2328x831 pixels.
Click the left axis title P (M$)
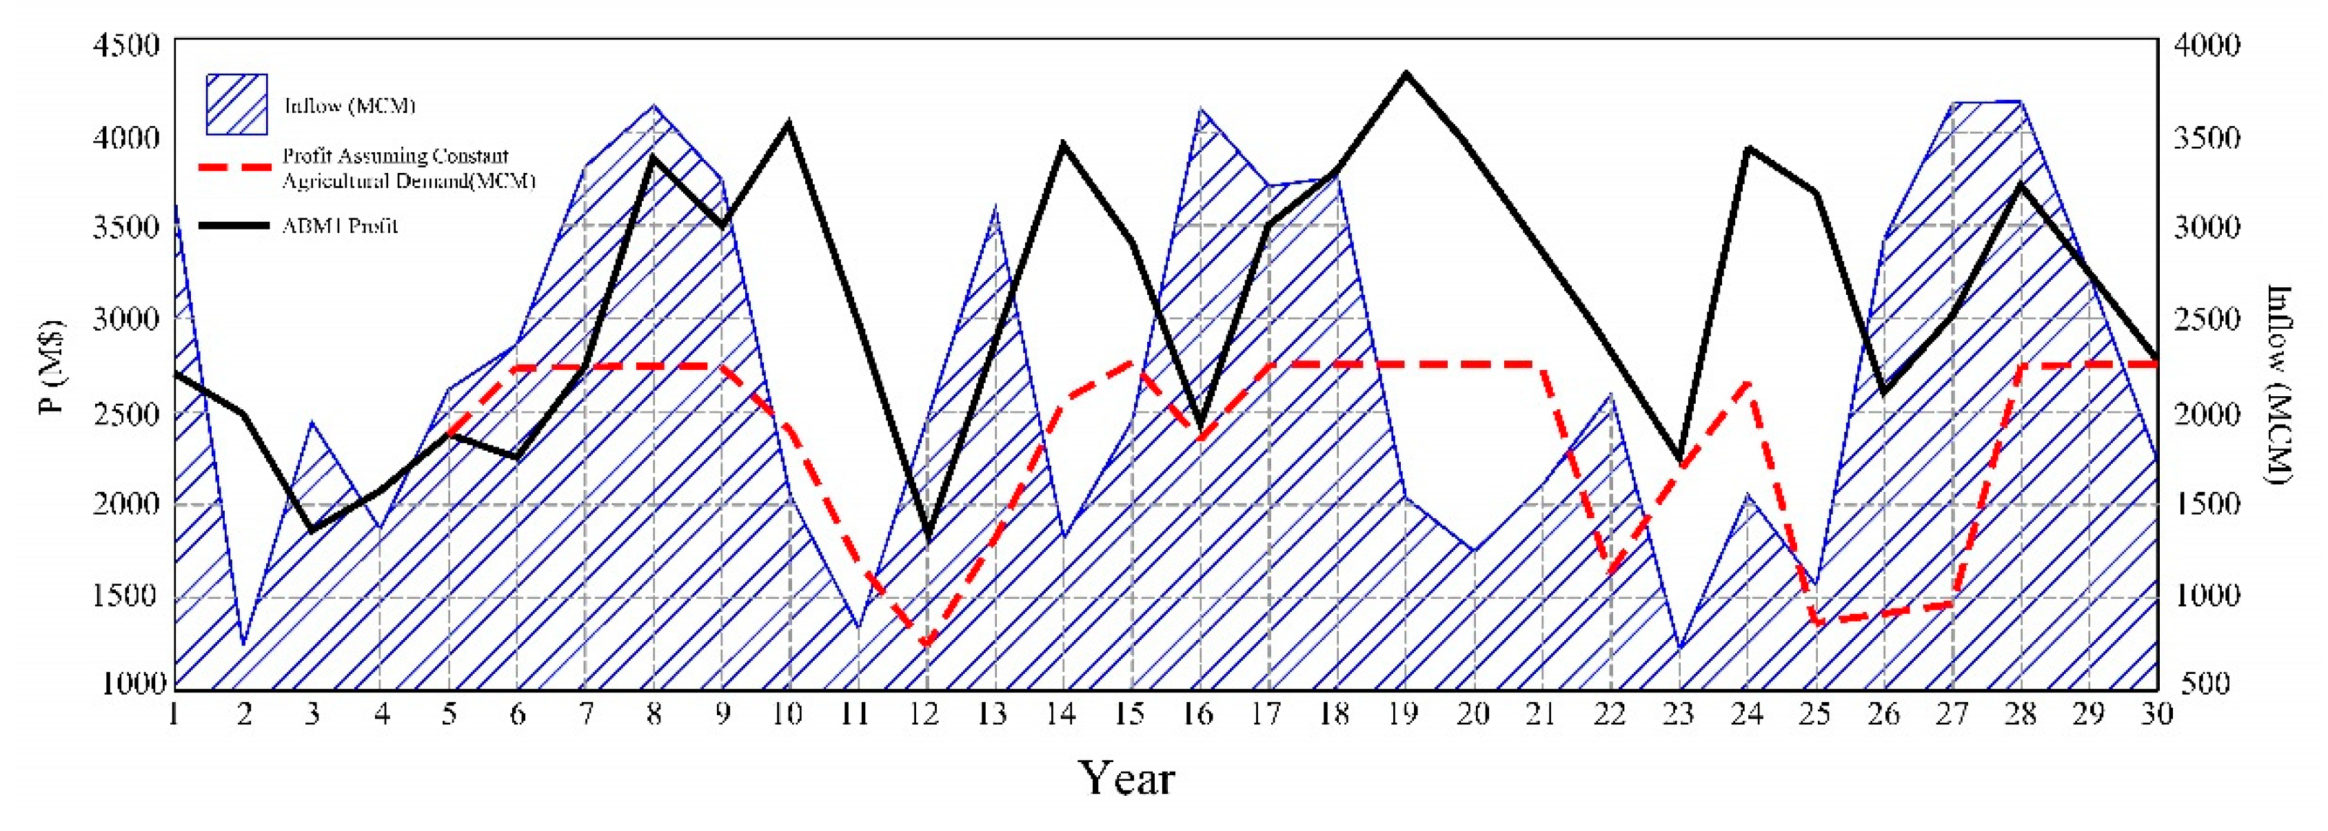[53, 366]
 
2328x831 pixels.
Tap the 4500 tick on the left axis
[127, 45]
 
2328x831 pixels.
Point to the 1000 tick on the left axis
[134, 684]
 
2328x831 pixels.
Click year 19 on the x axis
[1403, 715]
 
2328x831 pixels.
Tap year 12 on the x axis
[925, 715]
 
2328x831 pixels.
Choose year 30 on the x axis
[2156, 715]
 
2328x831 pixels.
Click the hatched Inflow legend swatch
[236, 105]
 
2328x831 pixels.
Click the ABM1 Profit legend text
[340, 226]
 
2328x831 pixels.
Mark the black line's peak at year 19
[1406, 72]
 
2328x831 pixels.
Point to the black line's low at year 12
[928, 540]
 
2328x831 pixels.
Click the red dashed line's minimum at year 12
[927, 645]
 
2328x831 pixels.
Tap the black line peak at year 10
[789, 122]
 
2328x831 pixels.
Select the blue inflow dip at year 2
[243, 643]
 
